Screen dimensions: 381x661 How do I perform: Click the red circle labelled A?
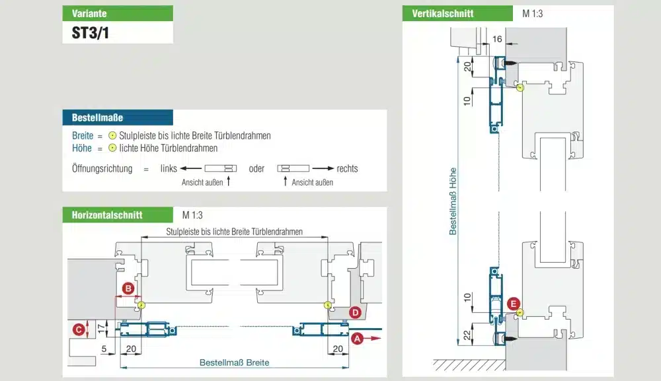click(x=358, y=338)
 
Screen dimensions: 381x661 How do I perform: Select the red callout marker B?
click(x=128, y=289)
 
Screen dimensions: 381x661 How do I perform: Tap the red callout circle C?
click(x=79, y=329)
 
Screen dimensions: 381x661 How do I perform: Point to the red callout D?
click(x=355, y=312)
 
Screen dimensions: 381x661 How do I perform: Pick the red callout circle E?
click(x=512, y=304)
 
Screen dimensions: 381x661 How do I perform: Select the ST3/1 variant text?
click(x=91, y=33)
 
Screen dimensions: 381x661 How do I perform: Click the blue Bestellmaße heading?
click(x=97, y=118)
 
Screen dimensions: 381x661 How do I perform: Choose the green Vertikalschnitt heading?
click(x=443, y=13)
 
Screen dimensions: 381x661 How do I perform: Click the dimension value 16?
click(x=497, y=40)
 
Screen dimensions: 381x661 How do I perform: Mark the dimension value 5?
click(x=104, y=349)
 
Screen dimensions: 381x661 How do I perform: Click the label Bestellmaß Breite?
click(x=235, y=363)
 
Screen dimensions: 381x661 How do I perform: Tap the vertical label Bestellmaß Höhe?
click(x=453, y=199)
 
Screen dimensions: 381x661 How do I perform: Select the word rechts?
click(x=347, y=168)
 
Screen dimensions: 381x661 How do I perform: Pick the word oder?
click(x=257, y=168)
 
